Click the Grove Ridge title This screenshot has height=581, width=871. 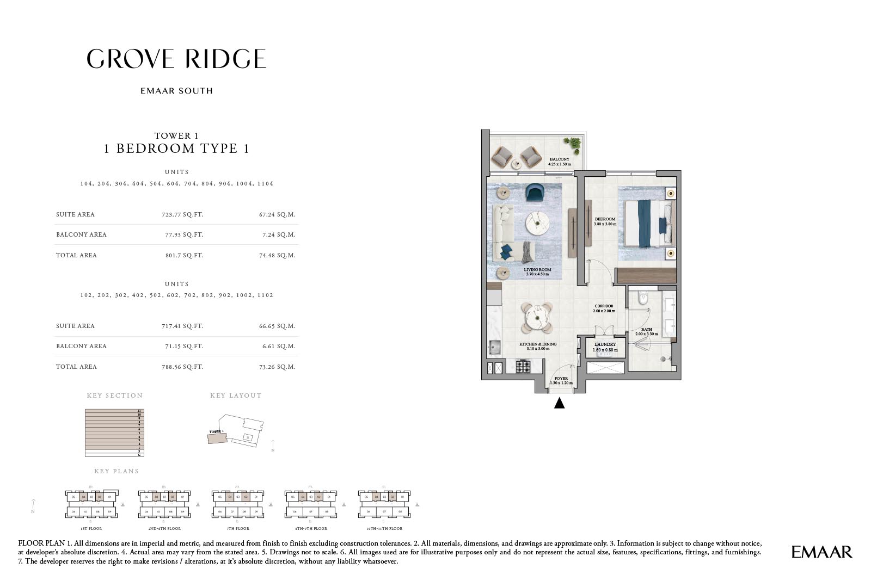point(176,59)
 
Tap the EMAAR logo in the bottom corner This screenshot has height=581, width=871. point(821,552)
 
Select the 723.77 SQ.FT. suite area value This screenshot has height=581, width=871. point(182,214)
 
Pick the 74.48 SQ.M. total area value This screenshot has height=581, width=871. point(277,255)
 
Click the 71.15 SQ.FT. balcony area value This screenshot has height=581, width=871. point(182,346)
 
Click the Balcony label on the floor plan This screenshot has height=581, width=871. point(559,159)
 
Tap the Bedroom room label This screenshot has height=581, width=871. point(605,219)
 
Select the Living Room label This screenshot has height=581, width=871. point(537,270)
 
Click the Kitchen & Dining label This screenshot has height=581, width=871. point(538,344)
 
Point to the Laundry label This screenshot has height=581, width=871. point(605,344)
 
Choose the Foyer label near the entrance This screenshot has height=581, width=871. point(561,379)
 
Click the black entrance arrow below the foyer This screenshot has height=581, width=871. point(559,403)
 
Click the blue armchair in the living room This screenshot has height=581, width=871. point(536,193)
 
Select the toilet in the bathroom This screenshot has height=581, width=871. point(643,298)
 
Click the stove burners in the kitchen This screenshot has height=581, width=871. point(523,367)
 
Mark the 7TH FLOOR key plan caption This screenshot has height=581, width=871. point(238,528)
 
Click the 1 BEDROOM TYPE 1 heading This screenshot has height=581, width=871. point(176,149)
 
